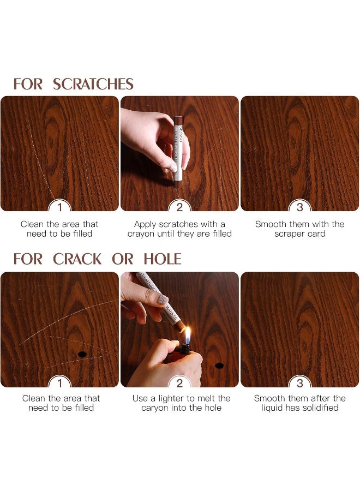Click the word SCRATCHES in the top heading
(93, 84)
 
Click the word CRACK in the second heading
(77, 259)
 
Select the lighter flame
(187, 335)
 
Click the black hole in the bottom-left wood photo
(82, 355)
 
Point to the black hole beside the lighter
(219, 365)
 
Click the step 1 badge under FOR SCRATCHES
(59, 207)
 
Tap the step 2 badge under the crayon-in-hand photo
(179, 207)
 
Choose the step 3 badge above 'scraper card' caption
(299, 207)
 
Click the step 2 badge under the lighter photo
(179, 382)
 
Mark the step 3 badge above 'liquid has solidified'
(299, 382)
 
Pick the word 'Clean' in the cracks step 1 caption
(34, 398)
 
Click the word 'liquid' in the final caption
(273, 408)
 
